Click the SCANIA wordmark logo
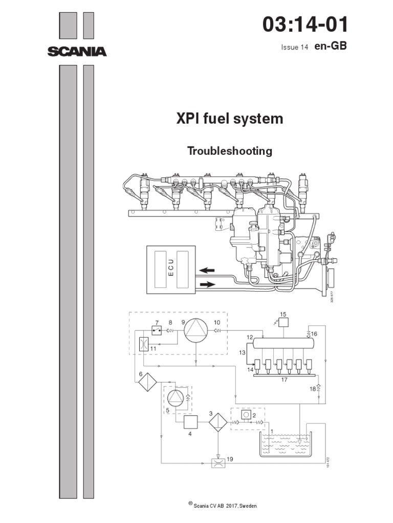click(x=77, y=52)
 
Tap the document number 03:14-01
click(x=305, y=25)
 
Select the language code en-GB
click(x=331, y=46)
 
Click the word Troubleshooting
click(x=230, y=151)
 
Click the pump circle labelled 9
click(x=196, y=332)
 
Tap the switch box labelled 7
click(x=157, y=331)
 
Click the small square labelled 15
click(x=283, y=322)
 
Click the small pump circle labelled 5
click(x=176, y=398)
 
